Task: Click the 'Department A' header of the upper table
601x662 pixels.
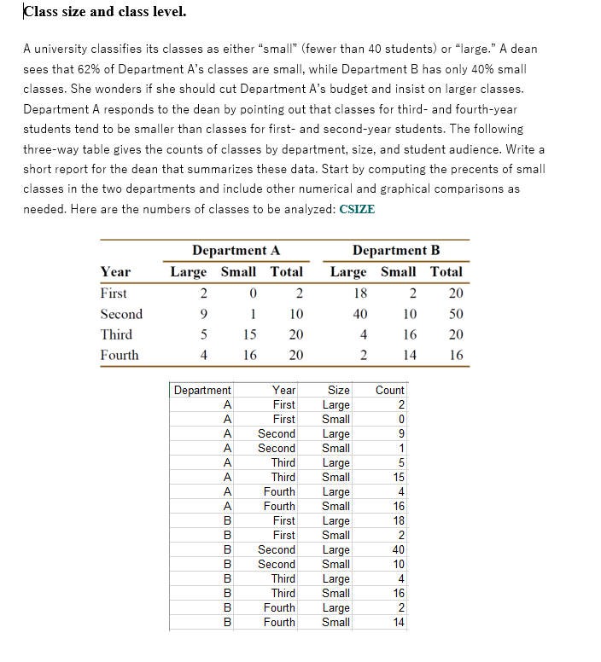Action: (236, 250)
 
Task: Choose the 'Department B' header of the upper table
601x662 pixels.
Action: (396, 250)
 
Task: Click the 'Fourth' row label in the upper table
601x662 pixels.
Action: (119, 355)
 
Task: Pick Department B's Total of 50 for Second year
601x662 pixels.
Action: (454, 314)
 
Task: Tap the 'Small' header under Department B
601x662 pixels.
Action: (398, 271)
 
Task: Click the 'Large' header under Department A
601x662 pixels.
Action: (189, 271)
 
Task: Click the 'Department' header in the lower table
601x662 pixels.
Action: (202, 390)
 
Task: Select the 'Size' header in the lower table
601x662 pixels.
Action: (339, 390)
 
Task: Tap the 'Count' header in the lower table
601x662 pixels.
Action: (390, 390)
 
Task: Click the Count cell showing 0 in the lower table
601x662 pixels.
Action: (400, 419)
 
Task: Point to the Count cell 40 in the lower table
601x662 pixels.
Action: (397, 550)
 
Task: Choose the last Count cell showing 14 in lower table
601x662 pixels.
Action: (397, 623)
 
